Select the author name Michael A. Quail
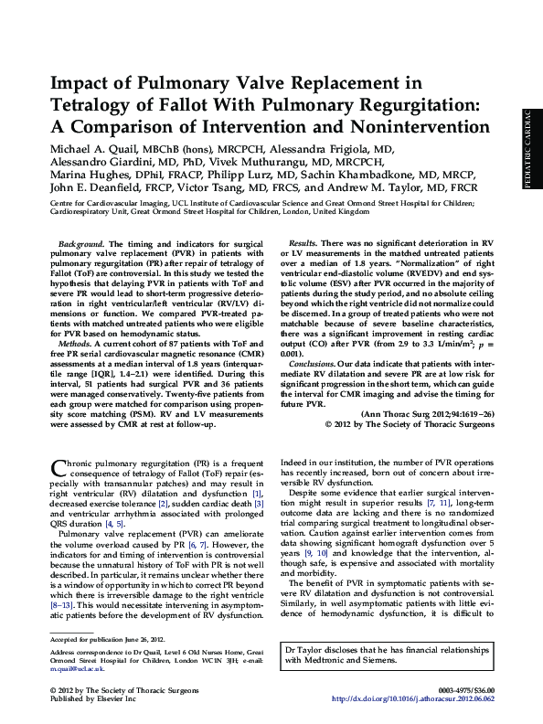100,148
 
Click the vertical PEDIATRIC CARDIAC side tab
527,161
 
